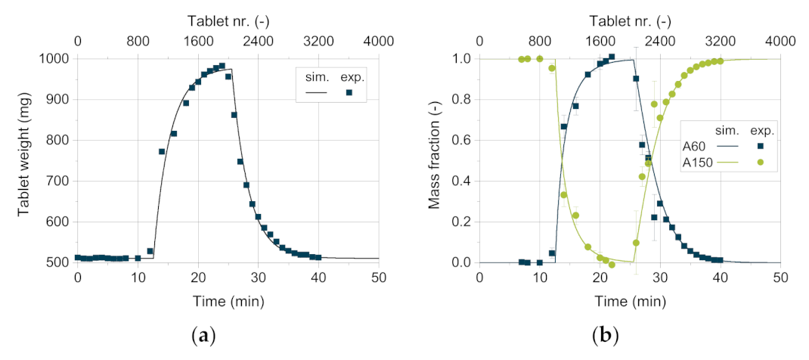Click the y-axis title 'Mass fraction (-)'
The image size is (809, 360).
coord(434,160)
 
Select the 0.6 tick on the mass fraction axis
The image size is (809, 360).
coord(463,141)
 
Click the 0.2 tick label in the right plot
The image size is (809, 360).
coord(463,222)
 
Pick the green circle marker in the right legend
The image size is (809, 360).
coord(761,163)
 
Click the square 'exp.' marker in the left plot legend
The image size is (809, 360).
coord(349,92)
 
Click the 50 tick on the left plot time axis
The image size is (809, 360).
coord(378,278)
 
